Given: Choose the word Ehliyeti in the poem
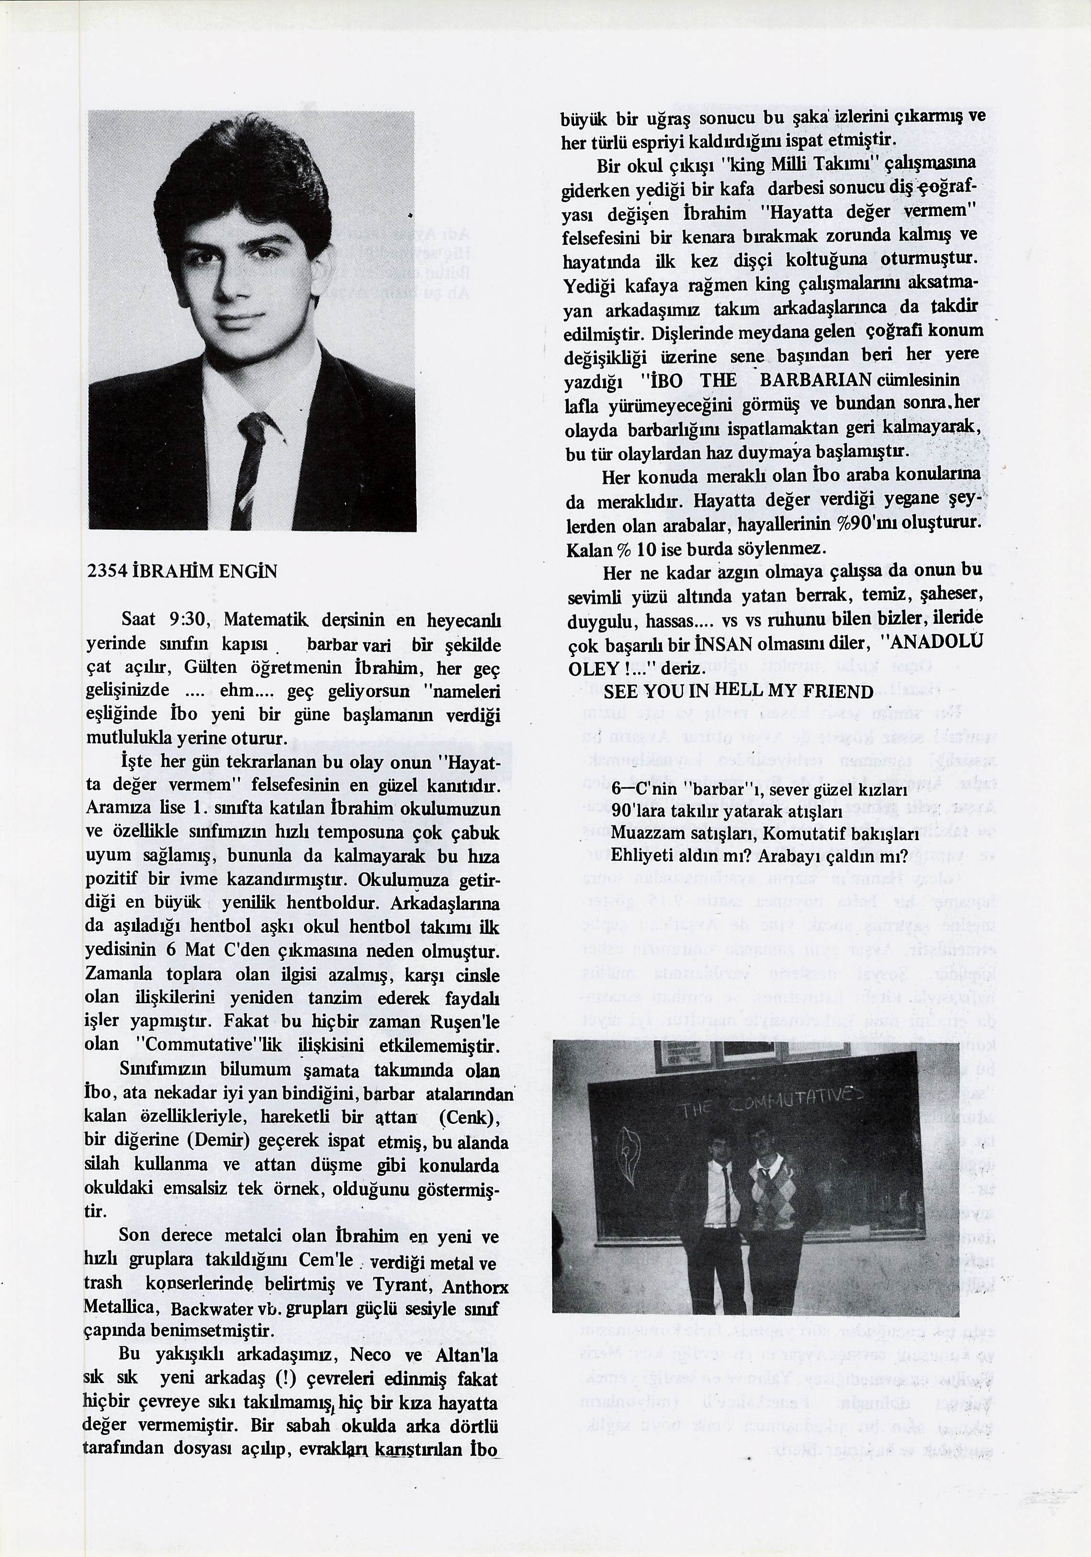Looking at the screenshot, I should click(x=641, y=856).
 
